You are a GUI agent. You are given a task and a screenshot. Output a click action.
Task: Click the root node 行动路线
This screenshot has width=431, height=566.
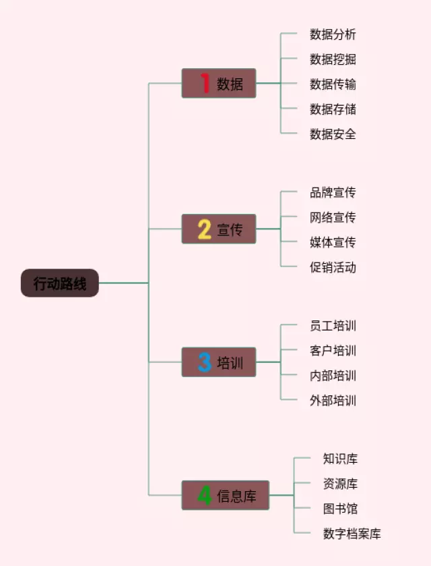point(60,283)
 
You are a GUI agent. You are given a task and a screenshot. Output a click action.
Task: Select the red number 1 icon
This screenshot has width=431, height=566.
point(205,84)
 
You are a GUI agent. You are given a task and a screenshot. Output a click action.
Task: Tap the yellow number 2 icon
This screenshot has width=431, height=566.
point(205,229)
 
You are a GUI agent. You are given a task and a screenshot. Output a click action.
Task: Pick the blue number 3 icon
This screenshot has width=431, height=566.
point(205,362)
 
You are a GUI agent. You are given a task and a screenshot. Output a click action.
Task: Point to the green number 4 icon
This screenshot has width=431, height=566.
point(205,496)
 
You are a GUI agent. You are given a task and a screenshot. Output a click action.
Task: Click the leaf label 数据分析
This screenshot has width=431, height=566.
point(333,34)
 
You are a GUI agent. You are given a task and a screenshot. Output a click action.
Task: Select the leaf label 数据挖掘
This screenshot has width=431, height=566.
point(333,59)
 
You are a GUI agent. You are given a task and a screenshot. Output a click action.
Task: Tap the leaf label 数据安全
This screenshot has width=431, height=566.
point(333,134)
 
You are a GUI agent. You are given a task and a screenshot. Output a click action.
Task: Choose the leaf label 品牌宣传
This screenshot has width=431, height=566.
point(333,192)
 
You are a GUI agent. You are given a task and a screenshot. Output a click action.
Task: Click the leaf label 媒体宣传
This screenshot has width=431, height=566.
point(333,242)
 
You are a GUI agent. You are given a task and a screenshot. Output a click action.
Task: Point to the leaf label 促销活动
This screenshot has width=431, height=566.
point(333,267)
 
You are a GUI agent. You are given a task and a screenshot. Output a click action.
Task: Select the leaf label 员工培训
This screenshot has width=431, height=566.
point(333,326)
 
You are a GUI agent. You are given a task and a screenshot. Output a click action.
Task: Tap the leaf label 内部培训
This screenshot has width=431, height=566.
point(333,376)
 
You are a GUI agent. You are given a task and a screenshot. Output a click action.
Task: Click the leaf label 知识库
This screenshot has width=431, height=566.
point(340,459)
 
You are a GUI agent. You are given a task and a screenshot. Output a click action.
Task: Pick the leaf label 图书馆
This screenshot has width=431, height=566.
point(340,509)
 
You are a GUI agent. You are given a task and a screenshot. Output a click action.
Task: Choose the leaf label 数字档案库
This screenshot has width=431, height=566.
point(352,534)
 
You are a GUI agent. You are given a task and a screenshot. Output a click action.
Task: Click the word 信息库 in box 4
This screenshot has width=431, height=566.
point(236,497)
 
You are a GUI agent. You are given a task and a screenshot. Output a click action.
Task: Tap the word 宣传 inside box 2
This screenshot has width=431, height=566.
point(230,229)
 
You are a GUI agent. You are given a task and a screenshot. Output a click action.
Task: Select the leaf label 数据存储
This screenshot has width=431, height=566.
point(333,109)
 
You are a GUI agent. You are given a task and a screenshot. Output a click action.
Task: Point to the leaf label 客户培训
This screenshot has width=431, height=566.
point(333,351)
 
